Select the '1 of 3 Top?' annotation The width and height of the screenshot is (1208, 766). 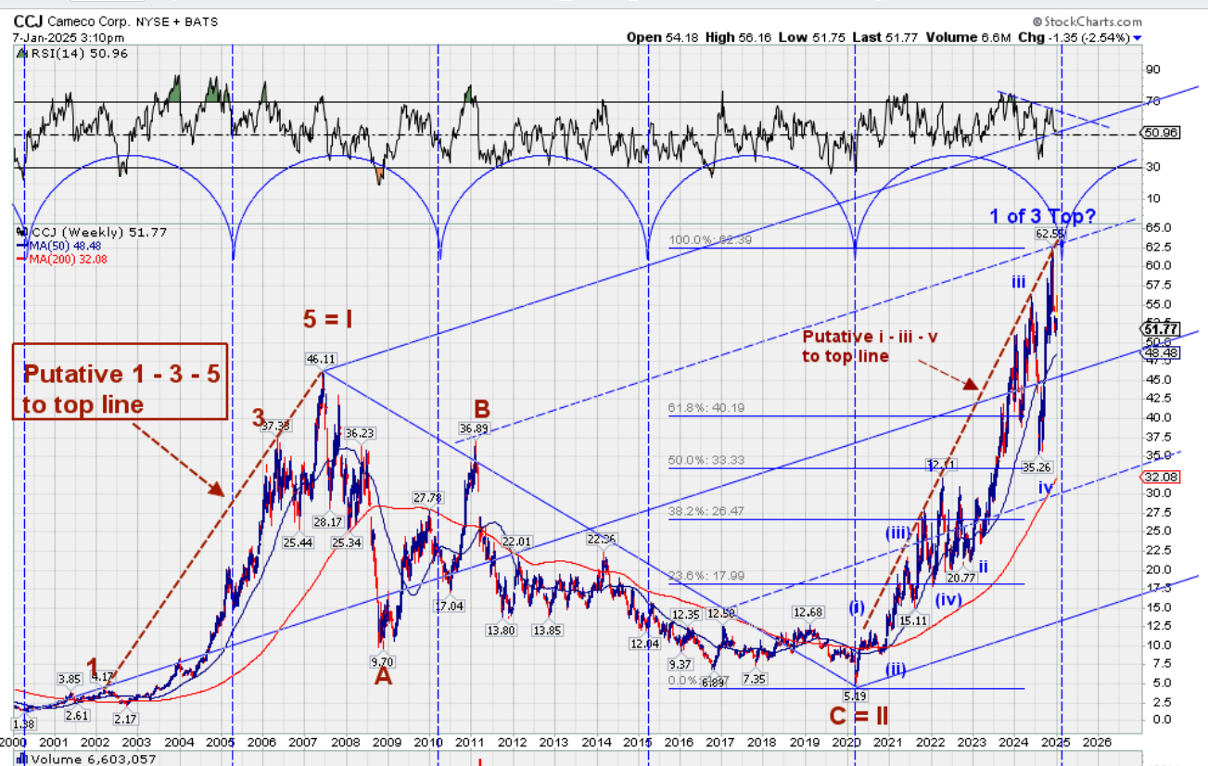coord(1042,216)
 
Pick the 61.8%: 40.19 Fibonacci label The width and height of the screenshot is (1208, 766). coord(706,407)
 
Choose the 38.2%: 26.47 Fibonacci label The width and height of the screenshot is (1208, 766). coord(706,510)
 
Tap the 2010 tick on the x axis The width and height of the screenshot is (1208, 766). coord(427,742)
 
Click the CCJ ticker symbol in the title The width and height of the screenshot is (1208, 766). coord(28,20)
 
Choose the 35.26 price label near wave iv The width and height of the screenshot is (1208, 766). coord(1036,467)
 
